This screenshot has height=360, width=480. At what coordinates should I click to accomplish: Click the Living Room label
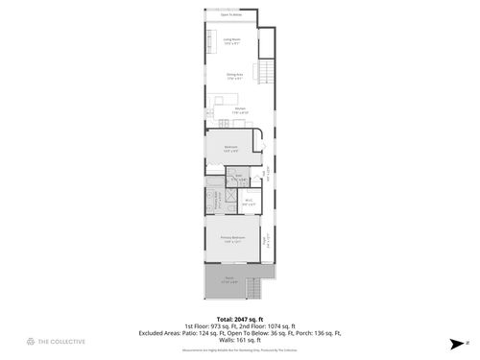coord(231,41)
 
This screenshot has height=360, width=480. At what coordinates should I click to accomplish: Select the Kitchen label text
coord(240,109)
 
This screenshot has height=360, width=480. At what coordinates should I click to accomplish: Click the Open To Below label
coord(230,15)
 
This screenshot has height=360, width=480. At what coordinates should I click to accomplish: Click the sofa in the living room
coord(208,40)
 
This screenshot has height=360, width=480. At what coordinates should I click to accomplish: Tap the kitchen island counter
coord(226,98)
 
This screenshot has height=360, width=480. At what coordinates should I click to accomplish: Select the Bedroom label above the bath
coord(231,149)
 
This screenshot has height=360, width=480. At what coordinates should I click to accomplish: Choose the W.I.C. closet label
coord(248,203)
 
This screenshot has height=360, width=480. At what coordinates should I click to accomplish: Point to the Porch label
coord(230,279)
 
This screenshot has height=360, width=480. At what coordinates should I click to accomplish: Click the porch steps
coord(255,288)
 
